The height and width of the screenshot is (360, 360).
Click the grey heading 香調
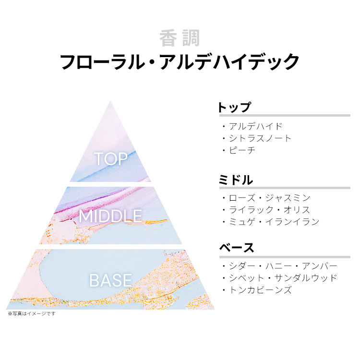(x=180, y=38)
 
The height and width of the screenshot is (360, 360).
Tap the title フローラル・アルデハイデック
(x=180, y=61)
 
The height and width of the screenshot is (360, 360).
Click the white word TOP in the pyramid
(x=111, y=159)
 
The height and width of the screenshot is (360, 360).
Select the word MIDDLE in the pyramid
(x=110, y=216)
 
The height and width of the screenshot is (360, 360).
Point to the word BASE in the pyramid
(x=110, y=280)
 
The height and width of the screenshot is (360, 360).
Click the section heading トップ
(x=234, y=107)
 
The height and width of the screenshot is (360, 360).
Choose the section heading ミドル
(x=236, y=180)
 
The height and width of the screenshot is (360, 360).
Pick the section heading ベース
(x=237, y=248)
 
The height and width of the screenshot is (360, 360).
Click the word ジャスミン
(x=288, y=198)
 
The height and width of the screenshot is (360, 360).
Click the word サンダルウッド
(x=306, y=278)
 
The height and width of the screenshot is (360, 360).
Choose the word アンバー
(x=319, y=266)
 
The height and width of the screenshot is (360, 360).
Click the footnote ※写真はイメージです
(x=32, y=313)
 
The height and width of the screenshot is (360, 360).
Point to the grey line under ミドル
(x=285, y=188)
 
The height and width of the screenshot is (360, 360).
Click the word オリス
(x=297, y=210)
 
